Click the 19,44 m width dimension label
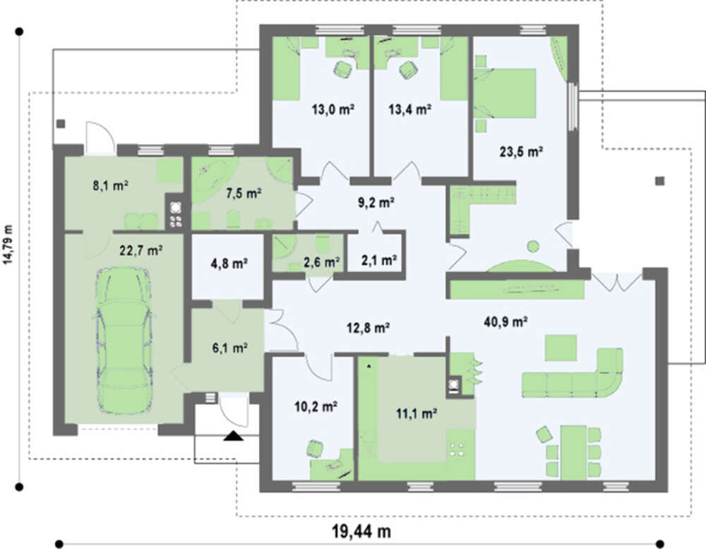(x=361, y=531)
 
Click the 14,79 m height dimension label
(x=8, y=251)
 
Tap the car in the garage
(x=122, y=341)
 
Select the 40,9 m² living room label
(x=505, y=321)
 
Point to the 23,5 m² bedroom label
(x=521, y=151)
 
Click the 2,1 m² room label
(x=378, y=260)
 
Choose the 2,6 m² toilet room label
(x=321, y=261)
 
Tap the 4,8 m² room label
(x=229, y=263)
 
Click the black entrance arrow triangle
(x=234, y=436)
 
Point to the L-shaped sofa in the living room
(x=573, y=373)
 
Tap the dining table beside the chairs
(x=573, y=452)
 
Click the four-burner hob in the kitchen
(x=457, y=450)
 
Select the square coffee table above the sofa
(x=561, y=348)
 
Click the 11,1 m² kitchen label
(x=417, y=413)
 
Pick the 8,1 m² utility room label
(x=112, y=185)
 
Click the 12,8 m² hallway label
(x=369, y=328)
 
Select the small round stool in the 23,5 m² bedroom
(x=533, y=247)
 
